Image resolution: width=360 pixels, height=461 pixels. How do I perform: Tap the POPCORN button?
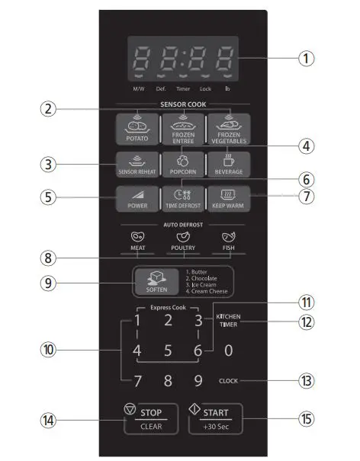coord(183,165)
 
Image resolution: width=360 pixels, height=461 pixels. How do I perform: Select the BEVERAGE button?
coord(229,165)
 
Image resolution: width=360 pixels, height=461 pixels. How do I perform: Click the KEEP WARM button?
coord(228,198)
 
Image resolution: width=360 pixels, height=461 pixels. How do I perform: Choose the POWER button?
coord(137,198)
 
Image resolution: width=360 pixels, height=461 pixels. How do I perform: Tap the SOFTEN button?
coord(156,282)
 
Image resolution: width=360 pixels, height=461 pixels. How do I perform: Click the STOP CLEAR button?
coord(151,419)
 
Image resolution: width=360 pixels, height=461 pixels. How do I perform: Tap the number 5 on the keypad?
coord(168,351)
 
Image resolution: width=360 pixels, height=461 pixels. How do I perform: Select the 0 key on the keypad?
coord(228,351)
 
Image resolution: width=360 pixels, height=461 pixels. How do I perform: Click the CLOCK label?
coord(228,381)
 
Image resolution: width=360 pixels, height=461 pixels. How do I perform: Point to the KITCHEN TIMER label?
coord(228,321)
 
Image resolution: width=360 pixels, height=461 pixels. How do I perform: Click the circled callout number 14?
coord(48,420)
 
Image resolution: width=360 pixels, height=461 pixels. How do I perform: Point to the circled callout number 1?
coord(307,58)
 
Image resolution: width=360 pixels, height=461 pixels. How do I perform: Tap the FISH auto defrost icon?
coord(228,237)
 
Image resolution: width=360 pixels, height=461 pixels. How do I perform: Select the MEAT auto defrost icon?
coord(137,237)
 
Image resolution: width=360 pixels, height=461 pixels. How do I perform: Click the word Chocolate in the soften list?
coord(204,278)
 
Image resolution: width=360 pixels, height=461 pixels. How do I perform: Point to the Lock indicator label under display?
coord(205,88)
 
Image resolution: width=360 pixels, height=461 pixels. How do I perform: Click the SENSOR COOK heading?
coord(183,104)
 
